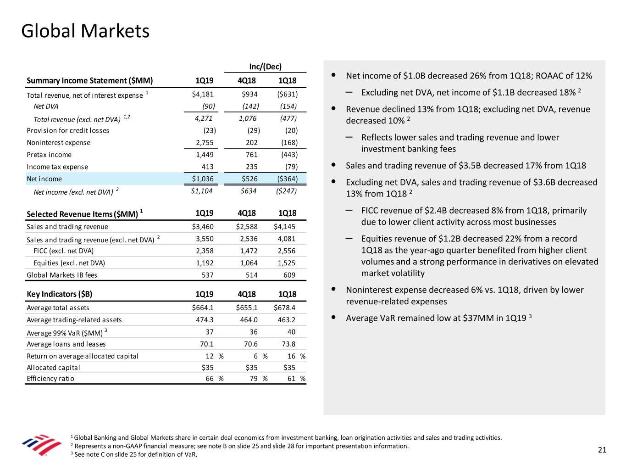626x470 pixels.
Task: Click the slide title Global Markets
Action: tap(85, 31)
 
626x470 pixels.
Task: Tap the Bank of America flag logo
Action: tap(42, 445)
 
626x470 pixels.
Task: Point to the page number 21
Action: tap(602, 450)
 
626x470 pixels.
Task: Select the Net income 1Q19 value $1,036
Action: tap(203, 179)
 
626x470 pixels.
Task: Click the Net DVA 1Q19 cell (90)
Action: tap(209, 106)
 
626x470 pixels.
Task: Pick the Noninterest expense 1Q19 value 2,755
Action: tap(205, 142)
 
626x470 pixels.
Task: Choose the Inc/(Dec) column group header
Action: tap(265, 67)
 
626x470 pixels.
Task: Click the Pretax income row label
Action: tap(49, 155)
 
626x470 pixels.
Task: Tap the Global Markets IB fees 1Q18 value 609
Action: tap(289, 275)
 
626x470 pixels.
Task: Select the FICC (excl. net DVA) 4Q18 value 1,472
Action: tap(249, 251)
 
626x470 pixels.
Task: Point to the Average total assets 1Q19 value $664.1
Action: tap(203, 308)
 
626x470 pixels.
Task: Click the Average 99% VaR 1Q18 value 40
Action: tap(291, 332)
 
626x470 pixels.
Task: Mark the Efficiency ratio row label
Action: tap(50, 378)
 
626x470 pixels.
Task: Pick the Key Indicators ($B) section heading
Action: tap(59, 294)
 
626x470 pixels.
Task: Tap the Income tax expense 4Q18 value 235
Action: tap(251, 167)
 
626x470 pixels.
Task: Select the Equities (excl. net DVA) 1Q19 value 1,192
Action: tap(205, 263)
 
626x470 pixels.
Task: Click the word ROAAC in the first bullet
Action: tap(548, 76)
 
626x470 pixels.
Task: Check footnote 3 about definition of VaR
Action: tap(134, 454)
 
